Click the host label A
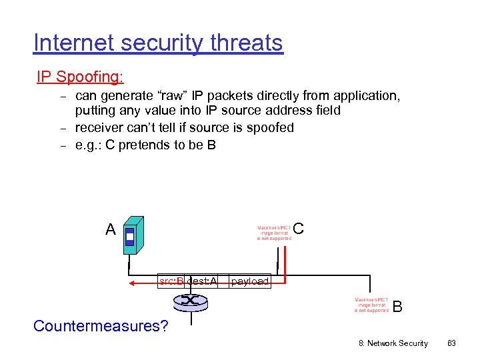(x=111, y=230)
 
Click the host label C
(x=298, y=229)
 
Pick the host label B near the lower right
(x=397, y=307)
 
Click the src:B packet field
(x=171, y=281)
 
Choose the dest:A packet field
(x=202, y=281)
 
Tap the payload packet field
(x=250, y=281)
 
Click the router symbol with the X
(x=191, y=301)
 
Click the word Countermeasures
(x=101, y=326)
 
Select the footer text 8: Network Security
(x=393, y=343)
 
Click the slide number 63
(x=451, y=343)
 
